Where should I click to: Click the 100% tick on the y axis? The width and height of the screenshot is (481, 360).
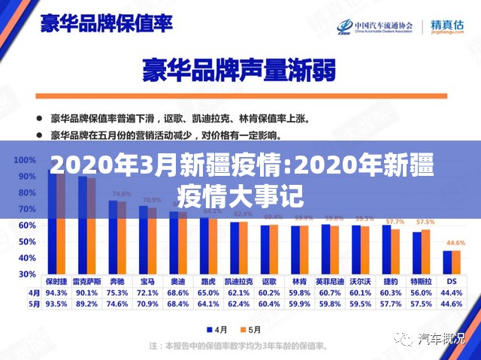pos(25,160)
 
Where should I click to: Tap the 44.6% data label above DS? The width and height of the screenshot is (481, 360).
pos(455,243)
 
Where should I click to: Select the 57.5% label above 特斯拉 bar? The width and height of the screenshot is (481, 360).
pos(425,222)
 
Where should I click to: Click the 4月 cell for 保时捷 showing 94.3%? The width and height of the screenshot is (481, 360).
pos(57,292)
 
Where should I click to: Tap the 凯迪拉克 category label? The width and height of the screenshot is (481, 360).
pos(240,280)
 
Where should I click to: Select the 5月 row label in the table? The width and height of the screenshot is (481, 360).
pos(35,304)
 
